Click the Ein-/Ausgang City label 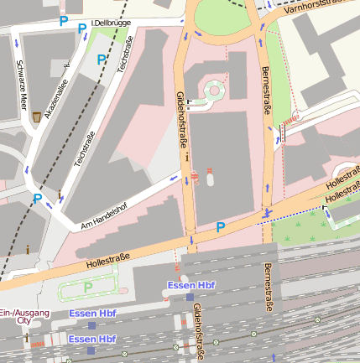[x=23, y=316]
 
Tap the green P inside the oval [x=87, y=288]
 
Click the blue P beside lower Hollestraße [x=221, y=226]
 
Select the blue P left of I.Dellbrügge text [x=64, y=21]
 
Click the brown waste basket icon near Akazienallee [x=36, y=118]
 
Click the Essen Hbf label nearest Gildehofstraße [x=191, y=286]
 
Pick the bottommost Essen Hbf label [x=92, y=339]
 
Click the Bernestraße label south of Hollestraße [x=268, y=288]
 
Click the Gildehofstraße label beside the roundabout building [x=182, y=121]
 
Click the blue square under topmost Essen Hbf [x=190, y=297]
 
